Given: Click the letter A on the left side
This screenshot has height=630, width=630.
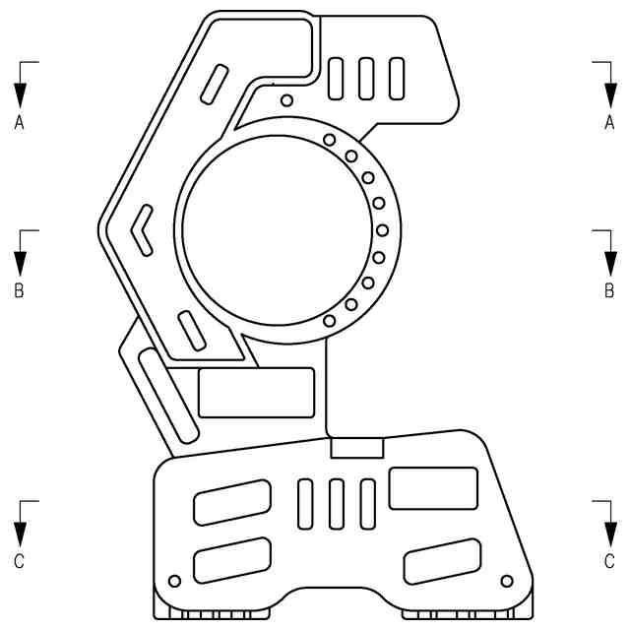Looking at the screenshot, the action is (19, 122).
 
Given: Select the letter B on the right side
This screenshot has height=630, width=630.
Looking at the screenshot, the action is (609, 291).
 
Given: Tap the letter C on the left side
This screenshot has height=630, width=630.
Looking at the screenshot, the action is (19, 561).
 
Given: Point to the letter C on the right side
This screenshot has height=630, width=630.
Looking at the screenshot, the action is (609, 561).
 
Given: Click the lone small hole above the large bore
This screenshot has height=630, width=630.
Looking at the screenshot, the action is (286, 99).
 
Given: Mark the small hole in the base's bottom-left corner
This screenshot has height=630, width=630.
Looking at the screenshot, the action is (175, 580).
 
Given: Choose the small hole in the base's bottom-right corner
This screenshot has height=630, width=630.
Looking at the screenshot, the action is (507, 580).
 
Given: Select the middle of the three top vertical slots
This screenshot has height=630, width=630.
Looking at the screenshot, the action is (366, 76).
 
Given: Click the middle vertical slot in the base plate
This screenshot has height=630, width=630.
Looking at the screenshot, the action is (337, 505).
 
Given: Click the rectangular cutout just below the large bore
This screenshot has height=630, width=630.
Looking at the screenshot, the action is (256, 392).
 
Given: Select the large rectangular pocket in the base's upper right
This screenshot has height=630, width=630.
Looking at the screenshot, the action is (433, 487).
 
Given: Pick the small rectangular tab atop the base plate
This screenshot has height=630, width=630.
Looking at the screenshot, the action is (355, 448).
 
